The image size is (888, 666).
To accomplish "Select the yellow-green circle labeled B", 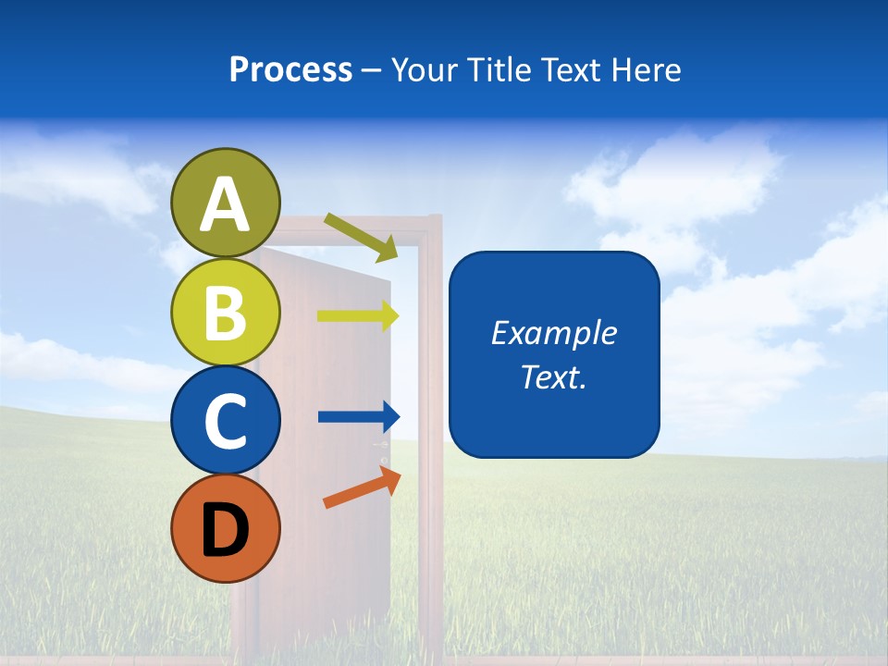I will (x=226, y=312).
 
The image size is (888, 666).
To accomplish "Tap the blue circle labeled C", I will (x=226, y=420).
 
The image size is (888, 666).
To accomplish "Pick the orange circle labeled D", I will (x=226, y=528).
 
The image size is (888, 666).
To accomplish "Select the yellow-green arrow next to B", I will (x=358, y=316).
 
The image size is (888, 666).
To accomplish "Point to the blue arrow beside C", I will (x=358, y=416).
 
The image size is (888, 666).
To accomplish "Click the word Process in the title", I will (x=291, y=69).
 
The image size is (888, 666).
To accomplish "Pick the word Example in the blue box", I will (x=553, y=333).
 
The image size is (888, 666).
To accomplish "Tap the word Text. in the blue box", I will (x=553, y=376).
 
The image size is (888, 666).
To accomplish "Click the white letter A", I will (x=226, y=205).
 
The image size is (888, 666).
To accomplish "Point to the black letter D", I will (x=226, y=530).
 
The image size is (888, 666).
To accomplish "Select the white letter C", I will (x=226, y=422).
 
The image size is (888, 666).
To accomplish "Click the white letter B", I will (x=226, y=314).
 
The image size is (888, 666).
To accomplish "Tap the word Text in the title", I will (x=572, y=69).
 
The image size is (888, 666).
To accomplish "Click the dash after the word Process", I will (x=372, y=71).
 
